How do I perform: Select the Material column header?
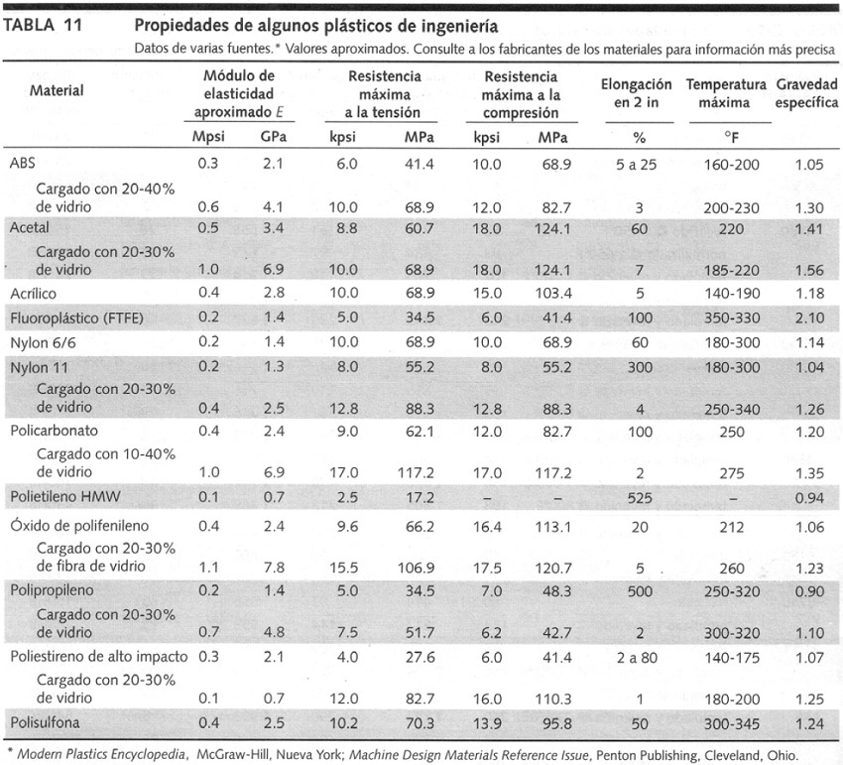57,91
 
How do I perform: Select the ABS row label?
22,164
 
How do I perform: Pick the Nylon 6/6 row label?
40,341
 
